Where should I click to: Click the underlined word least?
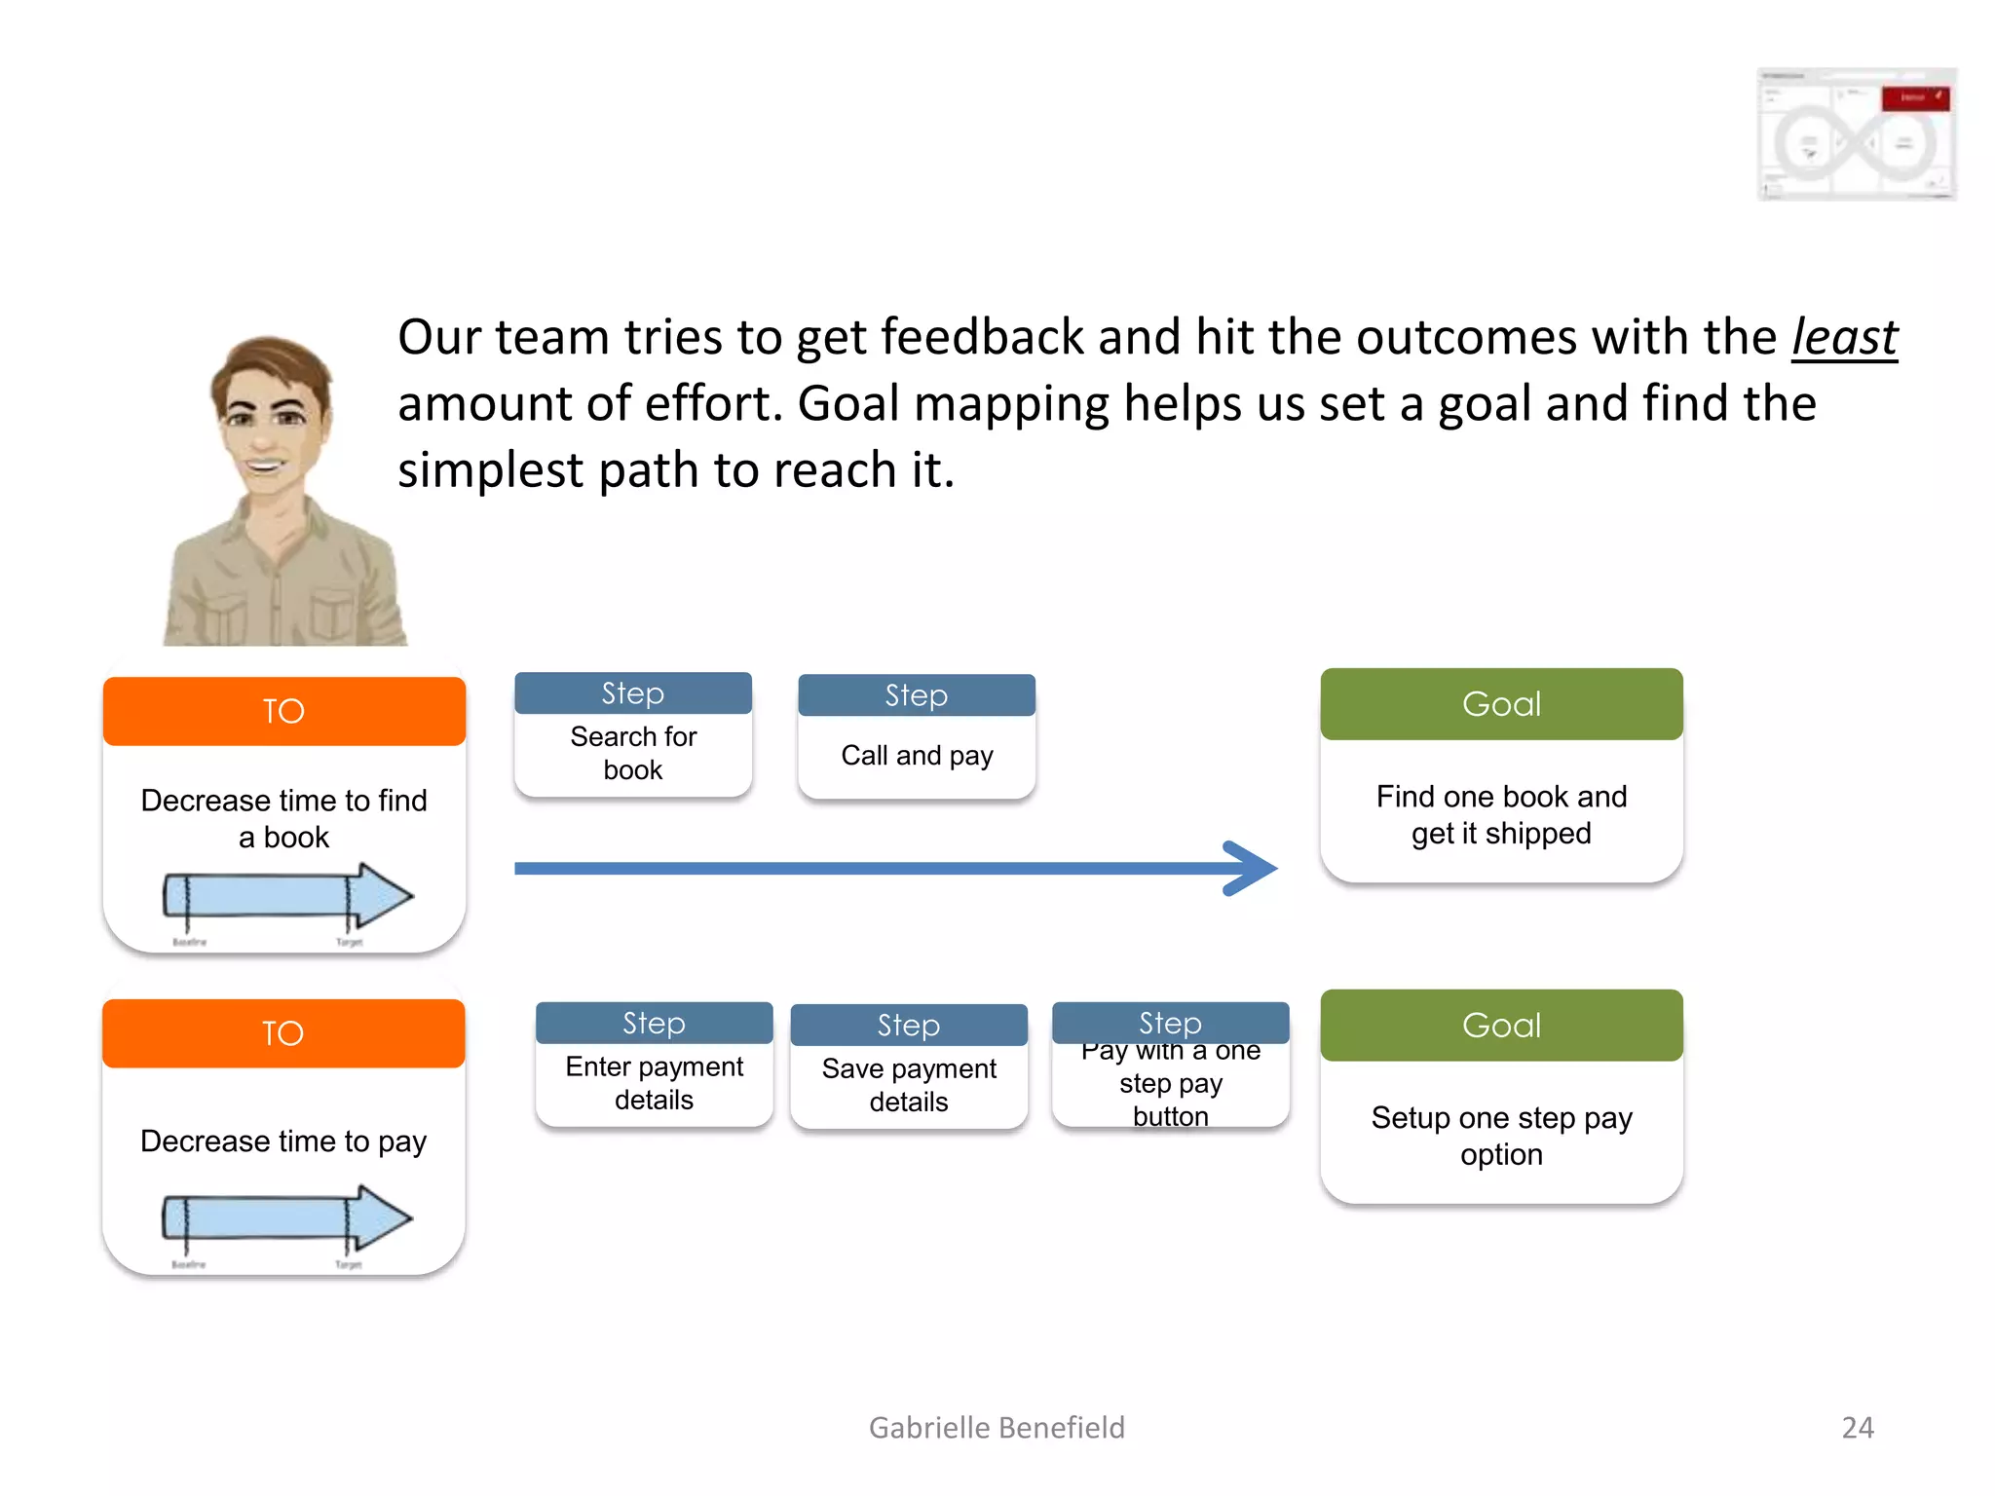pyautogui.click(x=1844, y=338)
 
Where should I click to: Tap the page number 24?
pyautogui.click(x=1857, y=1427)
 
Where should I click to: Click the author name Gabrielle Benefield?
pyautogui.click(x=996, y=1427)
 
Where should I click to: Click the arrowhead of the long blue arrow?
pyautogui.click(x=1252, y=868)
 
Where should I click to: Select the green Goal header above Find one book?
pyautogui.click(x=1501, y=704)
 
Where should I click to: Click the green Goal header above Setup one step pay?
pyautogui.click(x=1501, y=1026)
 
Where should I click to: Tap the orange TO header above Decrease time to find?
pyautogui.click(x=283, y=711)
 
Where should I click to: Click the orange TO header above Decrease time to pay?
pyautogui.click(x=283, y=1033)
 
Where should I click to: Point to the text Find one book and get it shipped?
pyautogui.click(x=1501, y=814)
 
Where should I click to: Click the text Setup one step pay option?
pyautogui.click(x=1501, y=1136)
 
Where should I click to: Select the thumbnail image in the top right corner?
pyautogui.click(x=1856, y=134)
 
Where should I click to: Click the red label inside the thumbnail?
pyautogui.click(x=1914, y=97)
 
